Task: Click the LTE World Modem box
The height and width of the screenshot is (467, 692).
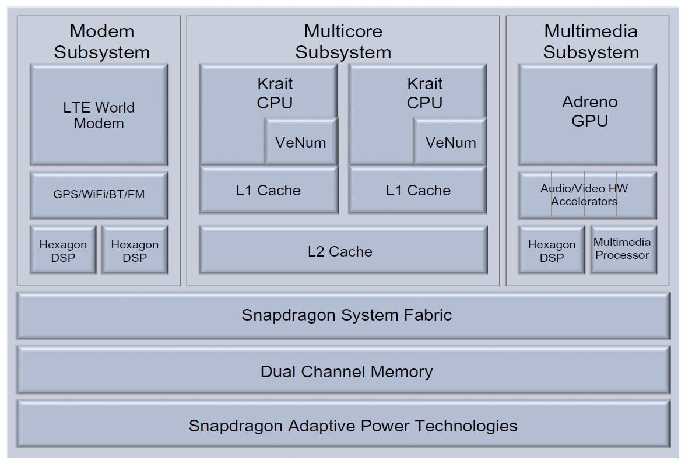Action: coord(99,115)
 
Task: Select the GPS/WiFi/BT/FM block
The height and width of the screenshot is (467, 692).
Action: coord(99,195)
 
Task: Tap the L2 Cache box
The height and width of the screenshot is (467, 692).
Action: coord(343,251)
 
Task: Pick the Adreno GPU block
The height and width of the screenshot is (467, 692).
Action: coord(588,114)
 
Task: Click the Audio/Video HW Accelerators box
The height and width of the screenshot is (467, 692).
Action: coord(588,195)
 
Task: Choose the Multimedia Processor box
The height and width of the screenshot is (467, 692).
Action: coord(623,249)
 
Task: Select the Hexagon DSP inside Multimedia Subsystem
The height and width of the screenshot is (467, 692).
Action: coord(552,250)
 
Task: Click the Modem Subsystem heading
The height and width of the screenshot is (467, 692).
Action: coord(102,41)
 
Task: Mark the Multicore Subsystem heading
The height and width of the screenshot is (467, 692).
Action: coord(343,41)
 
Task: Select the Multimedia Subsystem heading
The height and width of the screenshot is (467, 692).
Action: coord(591,41)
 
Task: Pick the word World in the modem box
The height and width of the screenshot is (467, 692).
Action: coord(115,107)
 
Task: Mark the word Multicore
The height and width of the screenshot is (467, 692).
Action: coord(343,31)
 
